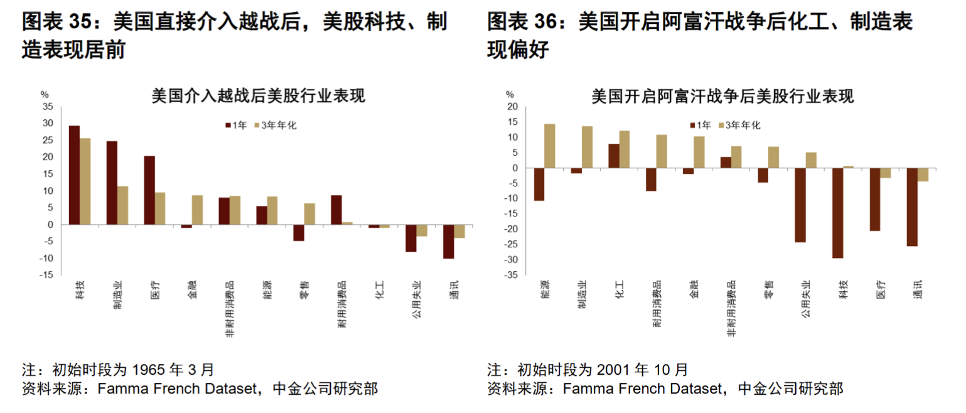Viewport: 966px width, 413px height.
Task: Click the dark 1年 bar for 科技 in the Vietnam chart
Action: [x=74, y=174]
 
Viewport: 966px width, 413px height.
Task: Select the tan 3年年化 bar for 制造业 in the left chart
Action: [x=122, y=205]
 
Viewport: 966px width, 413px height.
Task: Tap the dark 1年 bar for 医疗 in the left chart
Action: [x=149, y=190]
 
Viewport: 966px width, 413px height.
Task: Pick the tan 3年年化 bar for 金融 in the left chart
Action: [x=197, y=210]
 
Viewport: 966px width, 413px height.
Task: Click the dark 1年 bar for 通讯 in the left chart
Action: [x=448, y=241]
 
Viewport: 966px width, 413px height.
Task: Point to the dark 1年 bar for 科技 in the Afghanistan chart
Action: [x=837, y=213]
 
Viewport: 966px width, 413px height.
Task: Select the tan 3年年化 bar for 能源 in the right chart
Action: [x=549, y=146]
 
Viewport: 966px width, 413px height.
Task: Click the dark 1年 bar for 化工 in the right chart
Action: [x=613, y=156]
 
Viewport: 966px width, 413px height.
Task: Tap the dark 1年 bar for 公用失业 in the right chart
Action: [x=800, y=205]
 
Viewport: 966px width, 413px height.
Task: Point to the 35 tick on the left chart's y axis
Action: [x=48, y=107]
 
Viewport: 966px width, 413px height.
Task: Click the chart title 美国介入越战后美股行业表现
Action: [x=259, y=96]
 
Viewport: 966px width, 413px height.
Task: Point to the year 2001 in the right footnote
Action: [x=614, y=369]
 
